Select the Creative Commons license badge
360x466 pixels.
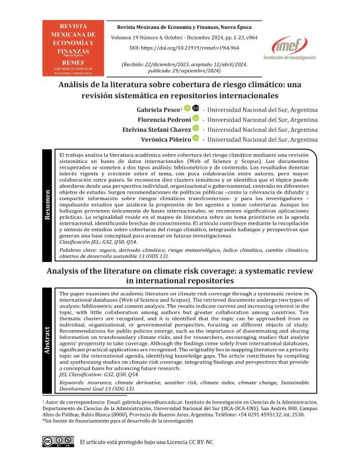tap(57, 441)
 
